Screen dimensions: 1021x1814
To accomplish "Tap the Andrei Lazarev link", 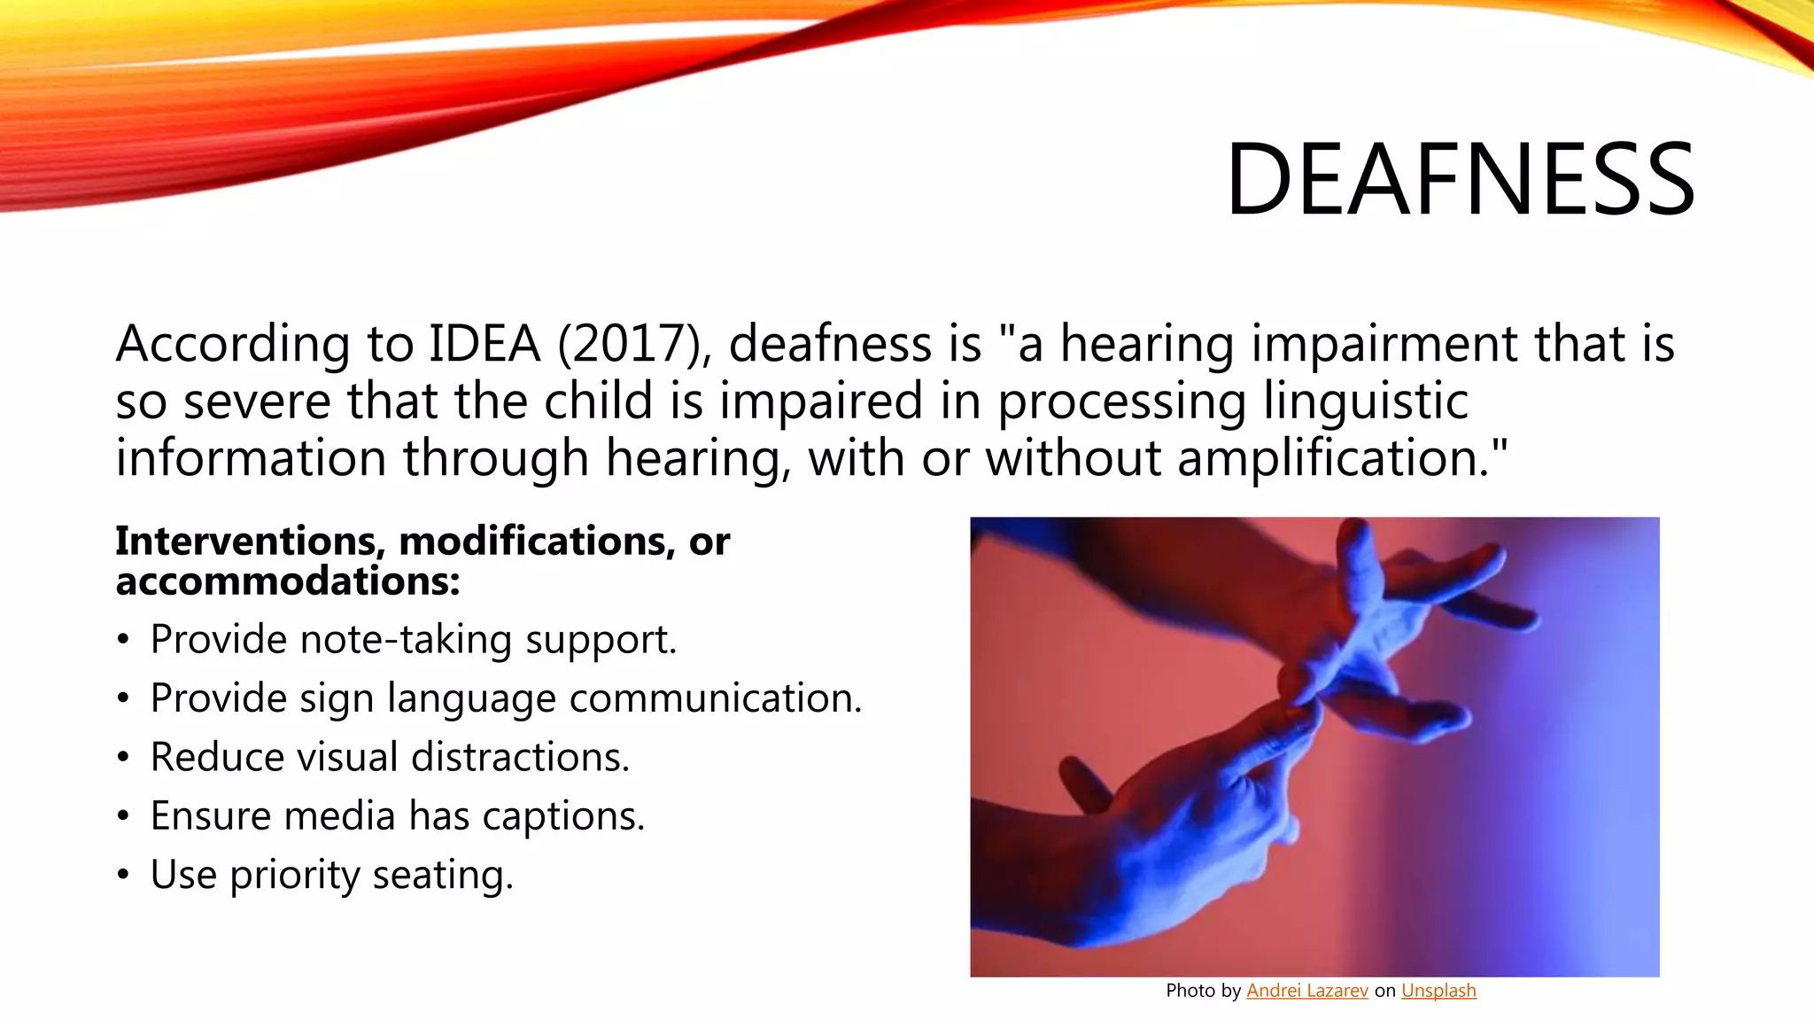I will pyautogui.click(x=1306, y=991).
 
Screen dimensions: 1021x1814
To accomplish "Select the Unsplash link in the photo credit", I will pyautogui.click(x=1438, y=991).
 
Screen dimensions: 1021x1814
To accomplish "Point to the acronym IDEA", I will pyautogui.click(x=484, y=344).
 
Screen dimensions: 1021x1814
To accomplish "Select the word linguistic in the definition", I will pyautogui.click(x=1365, y=401).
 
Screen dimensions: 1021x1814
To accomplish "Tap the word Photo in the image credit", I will pyautogui.click(x=1190, y=991).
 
